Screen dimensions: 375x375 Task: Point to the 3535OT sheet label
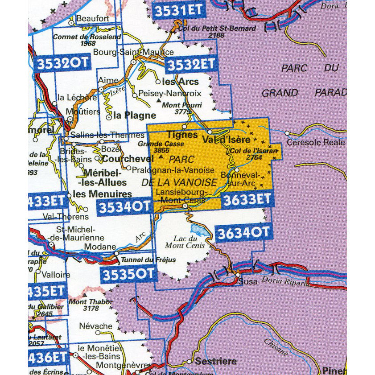[x=128, y=274]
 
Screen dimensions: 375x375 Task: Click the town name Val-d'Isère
[x=226, y=139]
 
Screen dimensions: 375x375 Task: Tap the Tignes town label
[x=182, y=135]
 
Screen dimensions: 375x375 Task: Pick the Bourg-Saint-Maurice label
[x=133, y=52]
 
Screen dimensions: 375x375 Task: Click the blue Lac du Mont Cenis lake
[x=197, y=230]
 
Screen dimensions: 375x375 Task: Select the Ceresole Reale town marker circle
[x=287, y=133]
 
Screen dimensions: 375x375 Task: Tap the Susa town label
[x=247, y=282]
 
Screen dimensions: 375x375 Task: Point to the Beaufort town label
[x=93, y=18]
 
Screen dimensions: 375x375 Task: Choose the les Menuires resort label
[x=102, y=194]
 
